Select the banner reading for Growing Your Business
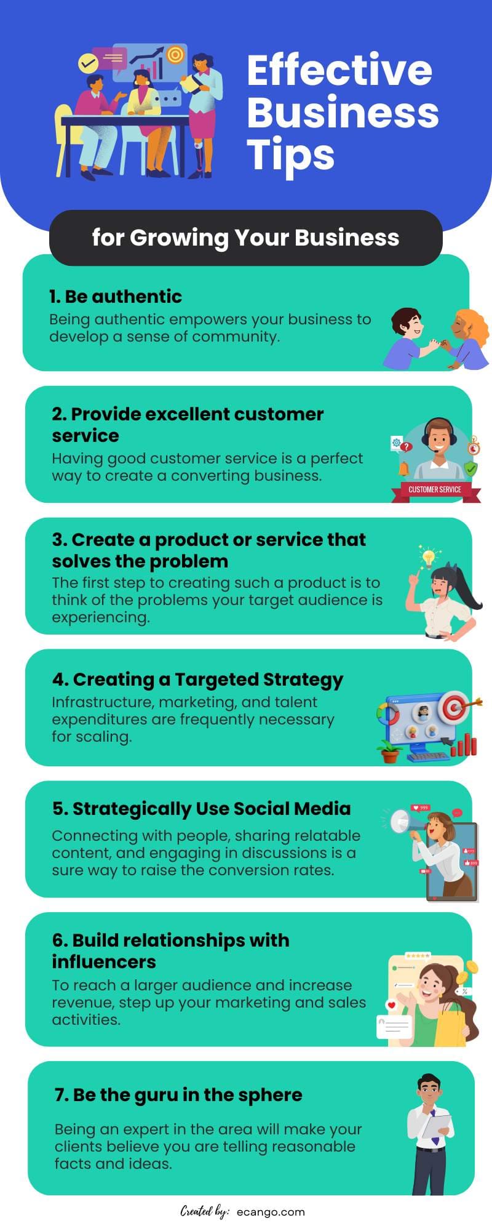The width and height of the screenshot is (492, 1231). pyautogui.click(x=245, y=238)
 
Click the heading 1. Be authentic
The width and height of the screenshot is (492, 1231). pyautogui.click(x=116, y=296)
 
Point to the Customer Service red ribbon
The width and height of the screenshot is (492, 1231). pyautogui.click(x=435, y=490)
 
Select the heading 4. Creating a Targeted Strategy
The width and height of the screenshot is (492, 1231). pyautogui.click(x=197, y=680)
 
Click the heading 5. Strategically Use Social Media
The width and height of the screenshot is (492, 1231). pyautogui.click(x=201, y=809)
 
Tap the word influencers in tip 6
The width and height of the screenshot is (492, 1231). pyautogui.click(x=104, y=961)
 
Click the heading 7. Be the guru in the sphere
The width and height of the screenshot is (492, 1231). pyautogui.click(x=178, y=1095)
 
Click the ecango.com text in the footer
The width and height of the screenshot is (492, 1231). pyautogui.click(x=271, y=1212)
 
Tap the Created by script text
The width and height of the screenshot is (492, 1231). pyautogui.click(x=205, y=1211)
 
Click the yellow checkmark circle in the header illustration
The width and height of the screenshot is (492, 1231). pyautogui.click(x=89, y=62)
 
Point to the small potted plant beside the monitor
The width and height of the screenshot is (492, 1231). pyautogui.click(x=390, y=752)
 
